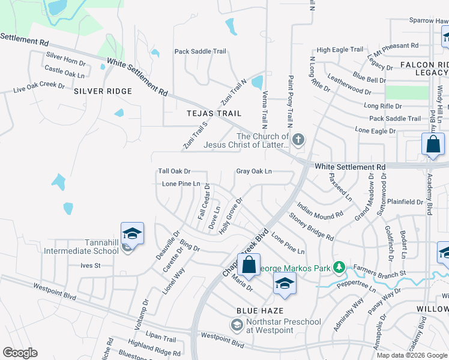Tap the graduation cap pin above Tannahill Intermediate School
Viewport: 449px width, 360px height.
pyautogui.click(x=133, y=233)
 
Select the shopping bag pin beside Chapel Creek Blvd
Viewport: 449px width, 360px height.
pyautogui.click(x=249, y=265)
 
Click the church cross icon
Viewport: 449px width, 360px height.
pyautogui.click(x=298, y=140)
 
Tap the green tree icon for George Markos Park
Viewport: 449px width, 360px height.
pyautogui.click(x=339, y=266)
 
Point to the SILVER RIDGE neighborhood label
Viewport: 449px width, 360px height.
pyautogui.click(x=103, y=91)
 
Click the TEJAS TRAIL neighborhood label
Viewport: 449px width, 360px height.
pyautogui.click(x=214, y=113)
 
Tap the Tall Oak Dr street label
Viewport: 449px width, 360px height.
pyautogui.click(x=174, y=172)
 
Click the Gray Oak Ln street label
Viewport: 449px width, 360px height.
pyautogui.click(x=254, y=172)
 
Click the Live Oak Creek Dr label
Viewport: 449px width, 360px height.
pyautogui.click(x=39, y=88)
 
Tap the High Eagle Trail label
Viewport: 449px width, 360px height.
pyautogui.click(x=340, y=50)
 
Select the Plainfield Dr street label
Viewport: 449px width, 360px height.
pyautogui.click(x=405, y=202)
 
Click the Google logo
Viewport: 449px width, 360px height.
pyautogui.click(x=20, y=353)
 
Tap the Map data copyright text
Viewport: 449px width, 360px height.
pyautogui.click(x=412, y=355)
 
